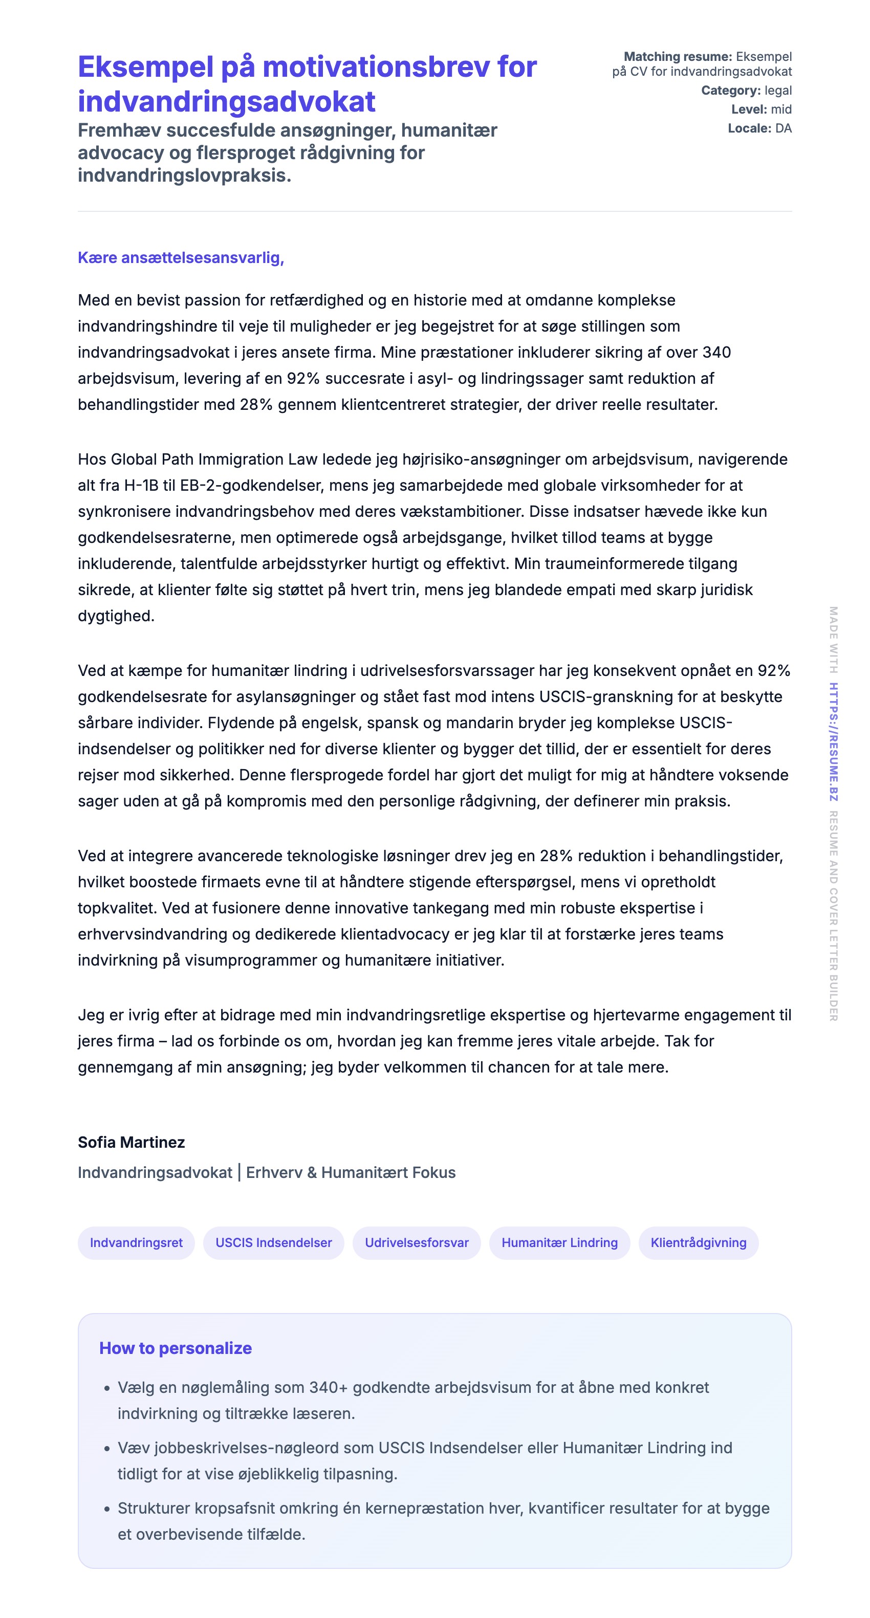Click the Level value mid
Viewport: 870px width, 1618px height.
tap(781, 110)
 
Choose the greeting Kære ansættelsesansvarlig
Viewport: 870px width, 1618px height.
tap(181, 257)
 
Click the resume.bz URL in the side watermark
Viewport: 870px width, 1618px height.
tap(833, 742)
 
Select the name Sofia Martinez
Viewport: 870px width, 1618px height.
tap(132, 1142)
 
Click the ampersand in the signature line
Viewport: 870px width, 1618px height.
tap(312, 1173)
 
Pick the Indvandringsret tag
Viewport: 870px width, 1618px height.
tap(136, 1242)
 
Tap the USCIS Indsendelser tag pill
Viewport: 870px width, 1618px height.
tap(273, 1242)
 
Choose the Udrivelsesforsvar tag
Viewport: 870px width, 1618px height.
tap(417, 1242)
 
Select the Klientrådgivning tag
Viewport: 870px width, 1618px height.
tap(698, 1242)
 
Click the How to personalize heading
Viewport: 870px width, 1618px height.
tap(175, 1348)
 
